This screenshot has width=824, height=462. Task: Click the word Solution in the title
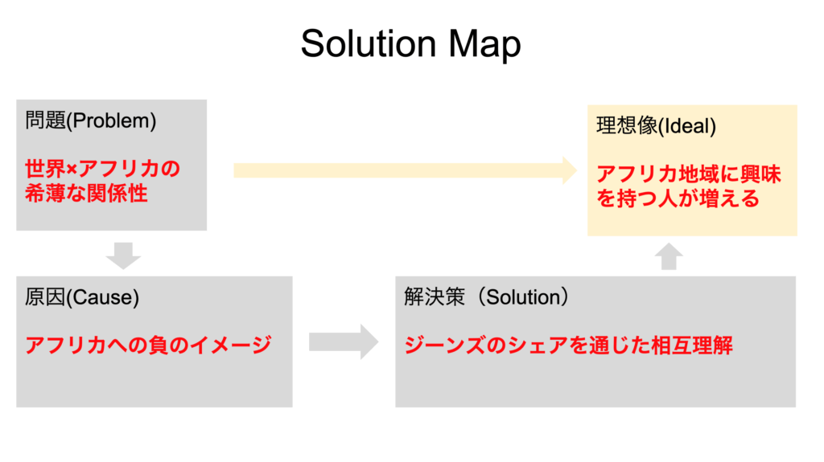[369, 43]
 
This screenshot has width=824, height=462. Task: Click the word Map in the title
[484, 44]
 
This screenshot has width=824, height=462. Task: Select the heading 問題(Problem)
[90, 121]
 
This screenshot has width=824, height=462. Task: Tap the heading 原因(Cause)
[82, 297]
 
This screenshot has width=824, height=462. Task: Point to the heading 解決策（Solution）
[486, 297]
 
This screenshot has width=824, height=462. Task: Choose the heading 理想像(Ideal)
[656, 126]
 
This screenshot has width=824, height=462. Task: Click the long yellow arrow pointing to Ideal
[406, 170]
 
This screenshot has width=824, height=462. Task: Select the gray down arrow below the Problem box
[123, 256]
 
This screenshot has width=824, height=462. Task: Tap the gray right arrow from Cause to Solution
[344, 341]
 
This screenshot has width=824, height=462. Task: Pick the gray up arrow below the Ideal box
[669, 256]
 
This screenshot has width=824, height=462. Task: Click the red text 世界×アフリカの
[102, 169]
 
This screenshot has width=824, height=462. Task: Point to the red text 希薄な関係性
[86, 193]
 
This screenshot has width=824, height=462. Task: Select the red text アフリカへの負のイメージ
[148, 345]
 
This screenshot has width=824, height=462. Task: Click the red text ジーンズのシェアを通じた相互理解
[568, 345]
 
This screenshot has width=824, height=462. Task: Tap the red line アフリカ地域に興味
[689, 174]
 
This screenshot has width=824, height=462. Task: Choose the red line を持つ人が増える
[678, 198]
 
